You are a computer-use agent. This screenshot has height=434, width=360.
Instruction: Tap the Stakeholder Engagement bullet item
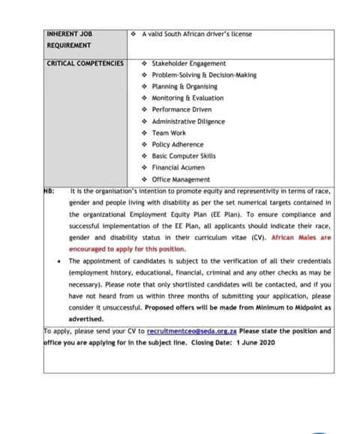183,64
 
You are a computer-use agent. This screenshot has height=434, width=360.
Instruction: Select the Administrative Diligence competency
188,121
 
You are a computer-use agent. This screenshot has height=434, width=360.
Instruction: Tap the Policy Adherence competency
177,144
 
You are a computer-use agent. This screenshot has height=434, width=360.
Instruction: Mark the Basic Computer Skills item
183,156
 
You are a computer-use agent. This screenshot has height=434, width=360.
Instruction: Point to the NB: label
49,191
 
